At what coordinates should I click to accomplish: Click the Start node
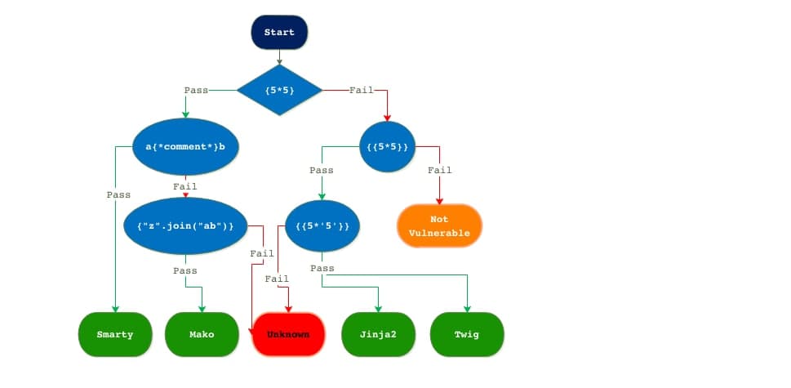click(x=279, y=33)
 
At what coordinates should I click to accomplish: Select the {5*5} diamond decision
click(x=279, y=89)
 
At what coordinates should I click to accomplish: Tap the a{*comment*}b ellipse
click(x=186, y=147)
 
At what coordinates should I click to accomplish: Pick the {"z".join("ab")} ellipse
click(x=185, y=225)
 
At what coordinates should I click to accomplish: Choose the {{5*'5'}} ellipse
click(x=322, y=225)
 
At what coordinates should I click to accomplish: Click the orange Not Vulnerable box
click(x=439, y=225)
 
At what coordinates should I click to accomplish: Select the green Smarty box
click(x=115, y=334)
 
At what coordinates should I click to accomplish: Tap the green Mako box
click(x=202, y=334)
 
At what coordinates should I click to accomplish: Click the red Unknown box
click(x=289, y=334)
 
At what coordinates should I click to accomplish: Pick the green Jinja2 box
click(x=378, y=334)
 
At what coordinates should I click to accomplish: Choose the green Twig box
click(x=466, y=334)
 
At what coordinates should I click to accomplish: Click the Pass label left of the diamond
click(x=196, y=89)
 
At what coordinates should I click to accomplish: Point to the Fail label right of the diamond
click(x=361, y=89)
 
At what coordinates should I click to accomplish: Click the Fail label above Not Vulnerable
click(x=440, y=170)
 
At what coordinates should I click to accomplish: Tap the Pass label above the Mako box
click(x=185, y=270)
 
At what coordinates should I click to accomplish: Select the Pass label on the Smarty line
click(x=118, y=195)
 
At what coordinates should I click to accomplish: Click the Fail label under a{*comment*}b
click(x=185, y=186)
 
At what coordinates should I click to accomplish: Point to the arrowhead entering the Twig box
click(x=467, y=308)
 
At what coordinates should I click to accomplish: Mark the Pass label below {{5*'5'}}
click(x=322, y=268)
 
